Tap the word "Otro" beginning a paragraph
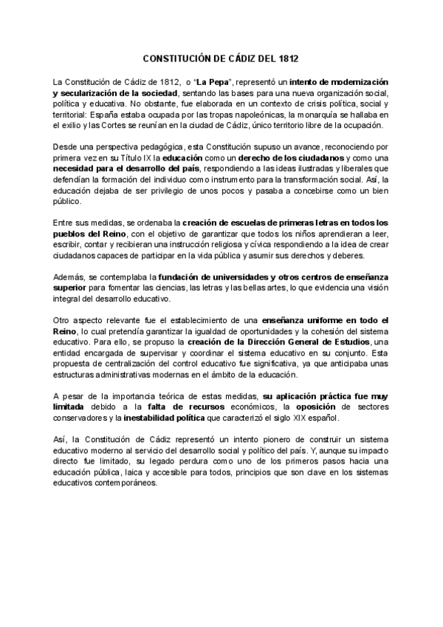(63, 321)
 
